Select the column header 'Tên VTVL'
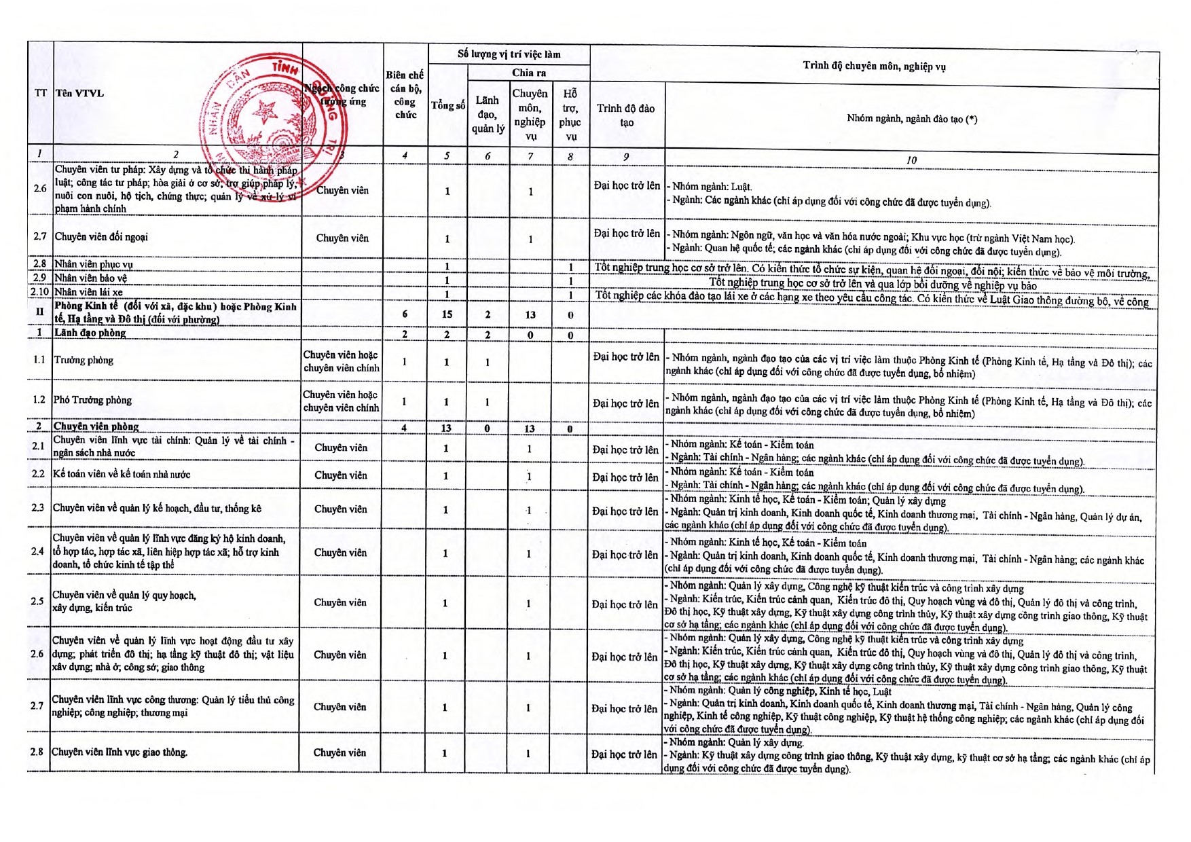[x=79, y=94]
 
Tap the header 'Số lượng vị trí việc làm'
[x=509, y=54]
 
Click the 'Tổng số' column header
[x=448, y=105]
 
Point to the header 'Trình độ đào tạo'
[x=626, y=115]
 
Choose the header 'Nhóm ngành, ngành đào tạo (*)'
[x=911, y=119]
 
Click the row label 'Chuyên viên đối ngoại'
[x=101, y=237]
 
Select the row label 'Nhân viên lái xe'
[x=89, y=292]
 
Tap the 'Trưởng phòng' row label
[x=84, y=360]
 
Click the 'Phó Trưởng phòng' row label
[x=92, y=400]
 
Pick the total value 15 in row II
[x=447, y=314]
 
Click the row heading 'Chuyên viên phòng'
[x=96, y=426]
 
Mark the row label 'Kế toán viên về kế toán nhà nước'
[x=122, y=474]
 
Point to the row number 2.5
[x=37, y=601]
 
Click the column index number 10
[x=911, y=160]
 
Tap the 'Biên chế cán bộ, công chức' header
[x=405, y=95]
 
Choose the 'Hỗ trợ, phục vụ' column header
[x=570, y=115]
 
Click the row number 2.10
[x=39, y=292]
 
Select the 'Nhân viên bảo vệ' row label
[x=91, y=278]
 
